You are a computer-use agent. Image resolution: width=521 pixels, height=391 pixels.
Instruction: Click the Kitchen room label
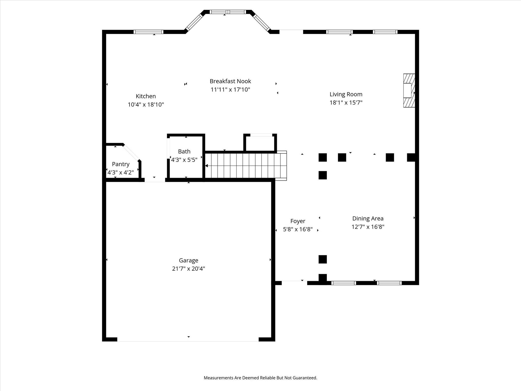click(x=146, y=96)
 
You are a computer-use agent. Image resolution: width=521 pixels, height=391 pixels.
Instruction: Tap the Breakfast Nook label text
click(x=230, y=81)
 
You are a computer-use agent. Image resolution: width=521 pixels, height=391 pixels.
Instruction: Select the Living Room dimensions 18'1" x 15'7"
click(x=346, y=103)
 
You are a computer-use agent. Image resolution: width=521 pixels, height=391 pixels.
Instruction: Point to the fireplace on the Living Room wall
click(x=409, y=90)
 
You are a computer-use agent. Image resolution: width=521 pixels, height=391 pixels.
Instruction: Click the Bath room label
click(x=184, y=151)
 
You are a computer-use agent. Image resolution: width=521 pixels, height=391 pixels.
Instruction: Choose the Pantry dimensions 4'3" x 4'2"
click(x=121, y=173)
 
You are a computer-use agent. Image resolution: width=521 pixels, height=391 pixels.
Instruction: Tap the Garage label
click(x=189, y=260)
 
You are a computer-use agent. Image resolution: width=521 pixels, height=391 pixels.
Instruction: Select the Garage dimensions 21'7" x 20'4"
click(x=189, y=269)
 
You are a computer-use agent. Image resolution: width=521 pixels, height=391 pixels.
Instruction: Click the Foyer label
click(x=298, y=221)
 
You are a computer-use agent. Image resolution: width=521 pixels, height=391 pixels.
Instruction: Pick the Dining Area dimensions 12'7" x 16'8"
click(x=368, y=227)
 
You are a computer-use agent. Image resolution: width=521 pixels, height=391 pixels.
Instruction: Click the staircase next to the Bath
click(x=246, y=166)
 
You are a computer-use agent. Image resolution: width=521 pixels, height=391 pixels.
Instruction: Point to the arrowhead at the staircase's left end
click(x=207, y=166)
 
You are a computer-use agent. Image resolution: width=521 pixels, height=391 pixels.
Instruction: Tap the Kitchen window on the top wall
click(x=149, y=32)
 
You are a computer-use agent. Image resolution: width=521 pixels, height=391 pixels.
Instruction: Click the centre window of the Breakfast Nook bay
click(x=228, y=12)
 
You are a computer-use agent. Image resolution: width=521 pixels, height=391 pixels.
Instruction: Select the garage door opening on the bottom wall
click(x=188, y=339)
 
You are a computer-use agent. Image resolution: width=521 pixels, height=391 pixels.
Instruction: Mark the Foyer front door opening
click(x=294, y=283)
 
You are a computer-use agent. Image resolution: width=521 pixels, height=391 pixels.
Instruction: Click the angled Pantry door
click(x=132, y=153)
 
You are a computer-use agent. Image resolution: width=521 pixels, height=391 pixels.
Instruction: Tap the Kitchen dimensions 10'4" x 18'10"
click(x=146, y=105)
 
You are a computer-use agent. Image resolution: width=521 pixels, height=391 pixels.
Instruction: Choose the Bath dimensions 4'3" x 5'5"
click(x=184, y=160)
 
